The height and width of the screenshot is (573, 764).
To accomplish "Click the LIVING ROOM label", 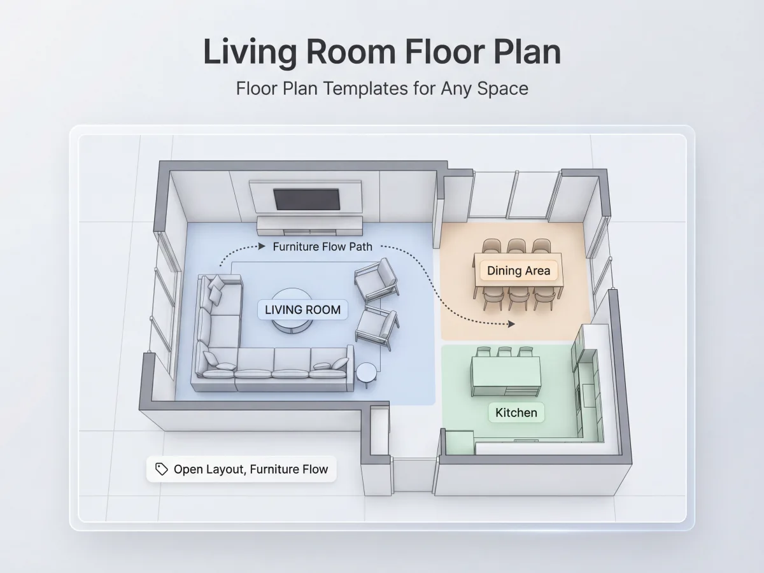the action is (x=302, y=309).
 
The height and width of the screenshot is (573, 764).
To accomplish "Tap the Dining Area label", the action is (x=518, y=271).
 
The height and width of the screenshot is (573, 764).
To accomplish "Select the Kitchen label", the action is (x=516, y=413).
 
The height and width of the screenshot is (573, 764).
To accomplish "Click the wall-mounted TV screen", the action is (x=307, y=199).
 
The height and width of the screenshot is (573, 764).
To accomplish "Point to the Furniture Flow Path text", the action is (x=322, y=246).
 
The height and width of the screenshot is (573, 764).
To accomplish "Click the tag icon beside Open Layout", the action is (x=162, y=469).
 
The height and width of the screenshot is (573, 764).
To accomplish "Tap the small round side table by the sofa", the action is (x=366, y=373).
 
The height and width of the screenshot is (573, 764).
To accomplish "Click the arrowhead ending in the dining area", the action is (x=511, y=324).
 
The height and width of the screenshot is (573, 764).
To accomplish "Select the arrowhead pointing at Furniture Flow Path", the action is (x=262, y=246).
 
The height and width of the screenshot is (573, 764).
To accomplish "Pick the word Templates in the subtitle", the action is (x=365, y=88).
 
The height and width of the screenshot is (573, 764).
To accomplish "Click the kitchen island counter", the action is (x=506, y=376).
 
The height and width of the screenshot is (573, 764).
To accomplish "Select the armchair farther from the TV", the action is (x=377, y=328).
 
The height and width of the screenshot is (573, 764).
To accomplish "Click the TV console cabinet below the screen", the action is (x=310, y=226).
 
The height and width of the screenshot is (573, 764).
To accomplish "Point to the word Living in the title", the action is (x=250, y=52).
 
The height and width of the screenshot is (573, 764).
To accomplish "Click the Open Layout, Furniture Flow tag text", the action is (x=251, y=469).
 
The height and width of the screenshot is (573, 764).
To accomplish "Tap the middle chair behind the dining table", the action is (x=516, y=246).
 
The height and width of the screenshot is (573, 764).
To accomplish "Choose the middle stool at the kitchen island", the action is (x=504, y=351).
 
